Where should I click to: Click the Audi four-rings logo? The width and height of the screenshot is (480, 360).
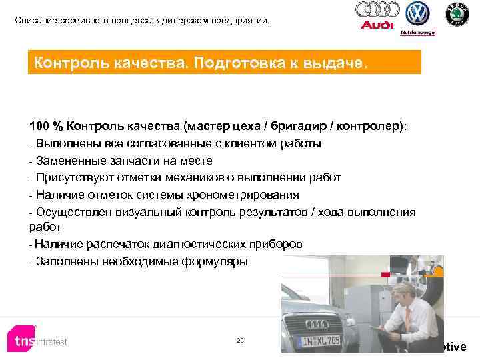(377, 9)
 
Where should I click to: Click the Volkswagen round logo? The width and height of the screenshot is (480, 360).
(418, 14)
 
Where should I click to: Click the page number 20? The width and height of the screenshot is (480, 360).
(240, 341)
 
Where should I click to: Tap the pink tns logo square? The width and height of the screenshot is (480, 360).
(20, 341)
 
